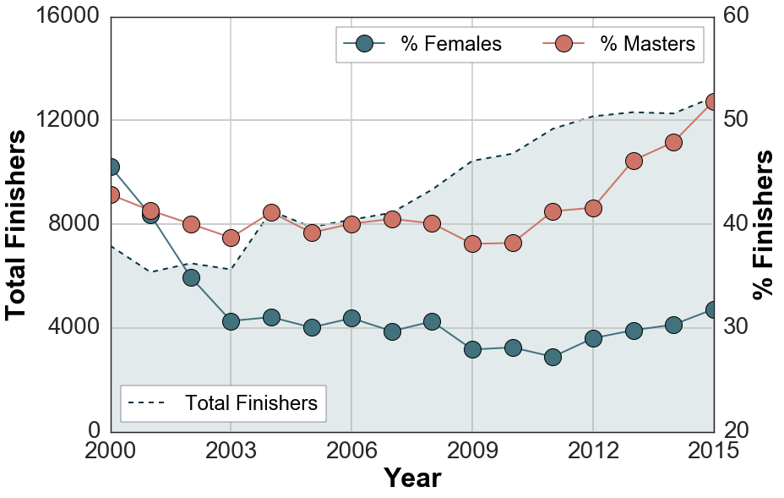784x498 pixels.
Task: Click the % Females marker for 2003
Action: (231, 321)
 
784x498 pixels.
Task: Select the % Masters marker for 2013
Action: (634, 161)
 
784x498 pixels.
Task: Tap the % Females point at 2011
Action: (553, 357)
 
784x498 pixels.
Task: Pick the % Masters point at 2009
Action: (472, 244)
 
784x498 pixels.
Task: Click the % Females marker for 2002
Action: (191, 277)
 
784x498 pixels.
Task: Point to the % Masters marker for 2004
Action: (271, 212)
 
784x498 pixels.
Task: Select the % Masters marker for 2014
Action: (673, 142)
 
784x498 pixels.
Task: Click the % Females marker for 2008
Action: (432, 321)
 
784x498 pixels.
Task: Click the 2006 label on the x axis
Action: (351, 450)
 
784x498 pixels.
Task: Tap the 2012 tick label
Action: (593, 450)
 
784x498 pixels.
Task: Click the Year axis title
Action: (412, 479)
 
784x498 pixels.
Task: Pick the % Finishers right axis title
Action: (764, 224)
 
